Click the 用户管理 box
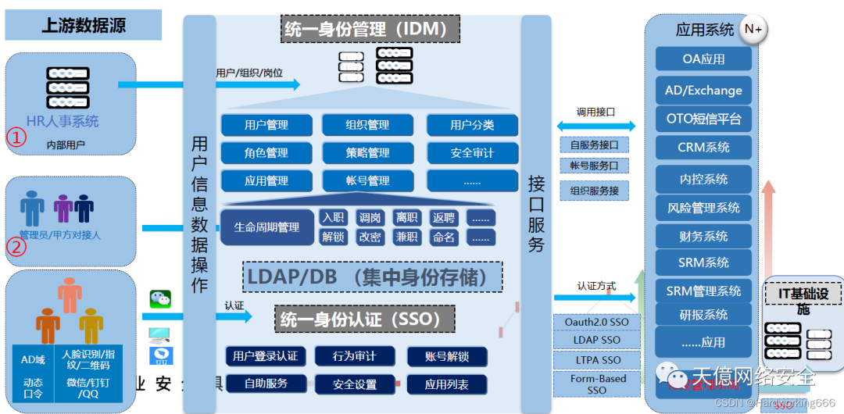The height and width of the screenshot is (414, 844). (266, 125)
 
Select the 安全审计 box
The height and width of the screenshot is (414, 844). (472, 153)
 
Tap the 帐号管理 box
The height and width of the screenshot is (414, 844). (367, 180)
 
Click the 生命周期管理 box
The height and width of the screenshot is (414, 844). (266, 227)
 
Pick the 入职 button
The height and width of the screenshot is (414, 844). (333, 218)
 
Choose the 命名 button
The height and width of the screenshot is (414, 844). (444, 237)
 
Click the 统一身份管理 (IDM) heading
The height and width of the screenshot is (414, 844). (370, 30)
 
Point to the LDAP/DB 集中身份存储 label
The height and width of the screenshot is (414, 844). (373, 277)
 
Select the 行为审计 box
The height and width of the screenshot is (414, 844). (354, 356)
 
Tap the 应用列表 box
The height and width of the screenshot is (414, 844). (447, 384)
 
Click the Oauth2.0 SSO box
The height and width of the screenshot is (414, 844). (596, 322)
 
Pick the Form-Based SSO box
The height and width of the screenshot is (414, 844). (596, 384)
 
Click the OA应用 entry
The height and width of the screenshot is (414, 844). (703, 59)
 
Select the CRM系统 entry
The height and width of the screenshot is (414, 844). (703, 147)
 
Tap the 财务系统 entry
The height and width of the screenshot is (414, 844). (703, 236)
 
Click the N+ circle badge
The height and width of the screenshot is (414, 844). (753, 30)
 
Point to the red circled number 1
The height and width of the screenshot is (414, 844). (16, 138)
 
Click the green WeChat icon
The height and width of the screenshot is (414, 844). (160, 298)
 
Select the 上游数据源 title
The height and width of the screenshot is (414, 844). (83, 25)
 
